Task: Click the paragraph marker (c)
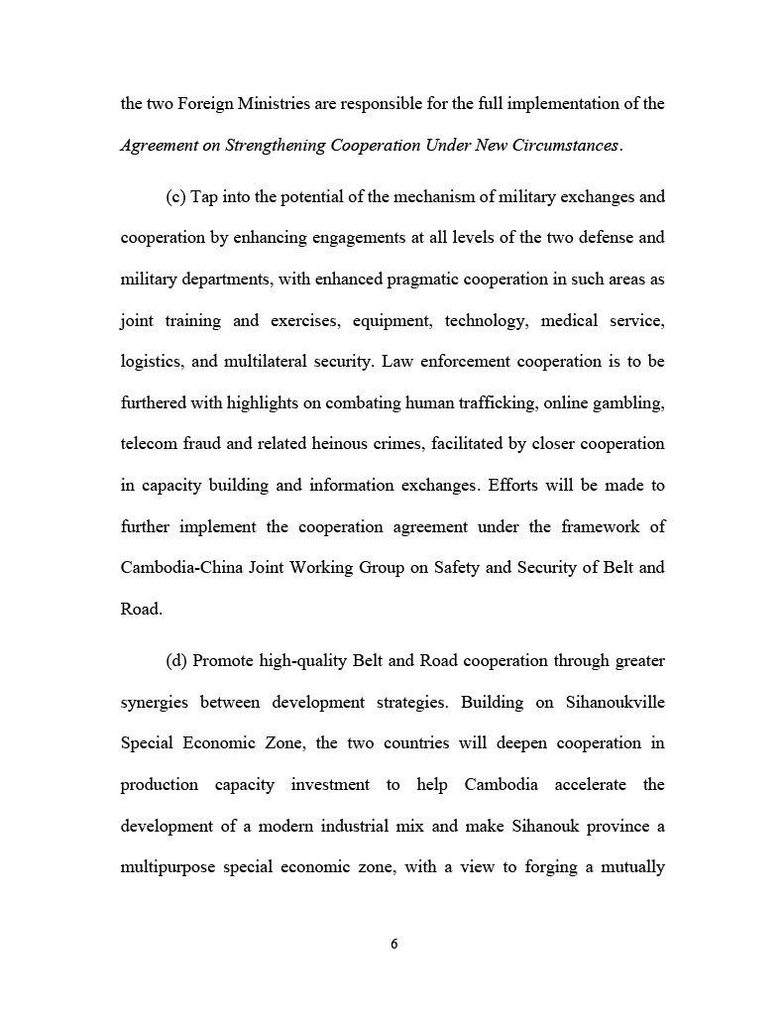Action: (x=175, y=196)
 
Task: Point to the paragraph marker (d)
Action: (x=176, y=660)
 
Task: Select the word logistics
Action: (x=149, y=361)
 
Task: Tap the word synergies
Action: (x=155, y=702)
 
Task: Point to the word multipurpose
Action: (x=165, y=866)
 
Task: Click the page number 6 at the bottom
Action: (x=393, y=944)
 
